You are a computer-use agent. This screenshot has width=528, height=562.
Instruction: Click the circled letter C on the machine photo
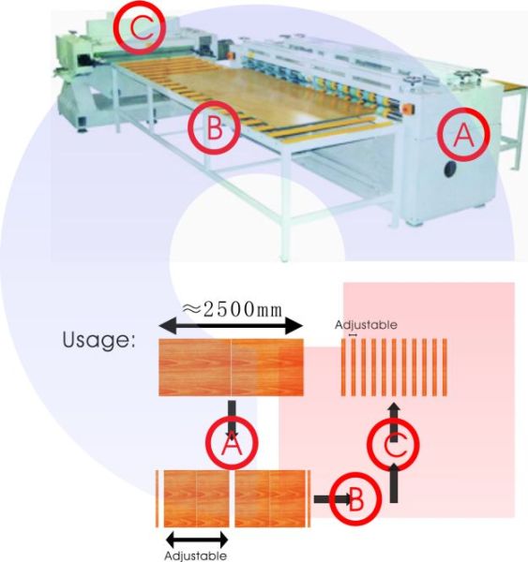click(140, 29)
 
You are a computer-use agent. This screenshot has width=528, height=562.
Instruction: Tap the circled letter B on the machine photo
click(214, 128)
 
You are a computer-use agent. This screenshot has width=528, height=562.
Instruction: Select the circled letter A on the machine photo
click(463, 134)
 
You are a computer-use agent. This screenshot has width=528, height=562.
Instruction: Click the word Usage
click(98, 340)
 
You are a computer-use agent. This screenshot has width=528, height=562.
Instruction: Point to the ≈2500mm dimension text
click(233, 310)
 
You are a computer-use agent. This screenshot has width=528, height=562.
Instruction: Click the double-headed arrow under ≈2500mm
click(231, 326)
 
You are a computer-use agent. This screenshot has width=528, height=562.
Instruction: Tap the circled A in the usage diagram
click(232, 443)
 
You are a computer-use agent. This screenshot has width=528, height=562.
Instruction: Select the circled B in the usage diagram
click(355, 499)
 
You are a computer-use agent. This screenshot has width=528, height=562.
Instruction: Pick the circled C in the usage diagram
click(393, 444)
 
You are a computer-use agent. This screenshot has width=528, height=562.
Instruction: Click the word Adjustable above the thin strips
click(366, 325)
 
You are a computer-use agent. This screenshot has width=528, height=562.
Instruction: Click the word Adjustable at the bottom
click(195, 555)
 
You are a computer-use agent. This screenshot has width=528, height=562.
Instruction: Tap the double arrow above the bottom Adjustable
click(197, 540)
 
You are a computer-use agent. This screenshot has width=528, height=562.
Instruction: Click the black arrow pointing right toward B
click(332, 499)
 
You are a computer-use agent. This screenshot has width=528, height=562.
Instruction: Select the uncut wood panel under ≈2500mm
click(231, 367)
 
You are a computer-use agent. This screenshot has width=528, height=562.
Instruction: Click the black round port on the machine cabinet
click(450, 169)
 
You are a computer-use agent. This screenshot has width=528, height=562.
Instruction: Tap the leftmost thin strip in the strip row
click(343, 367)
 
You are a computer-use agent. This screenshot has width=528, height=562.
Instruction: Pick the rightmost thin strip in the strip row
click(445, 367)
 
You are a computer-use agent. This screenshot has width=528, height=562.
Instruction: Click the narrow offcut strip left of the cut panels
click(157, 498)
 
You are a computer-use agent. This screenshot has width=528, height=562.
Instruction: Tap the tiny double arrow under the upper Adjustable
click(353, 334)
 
